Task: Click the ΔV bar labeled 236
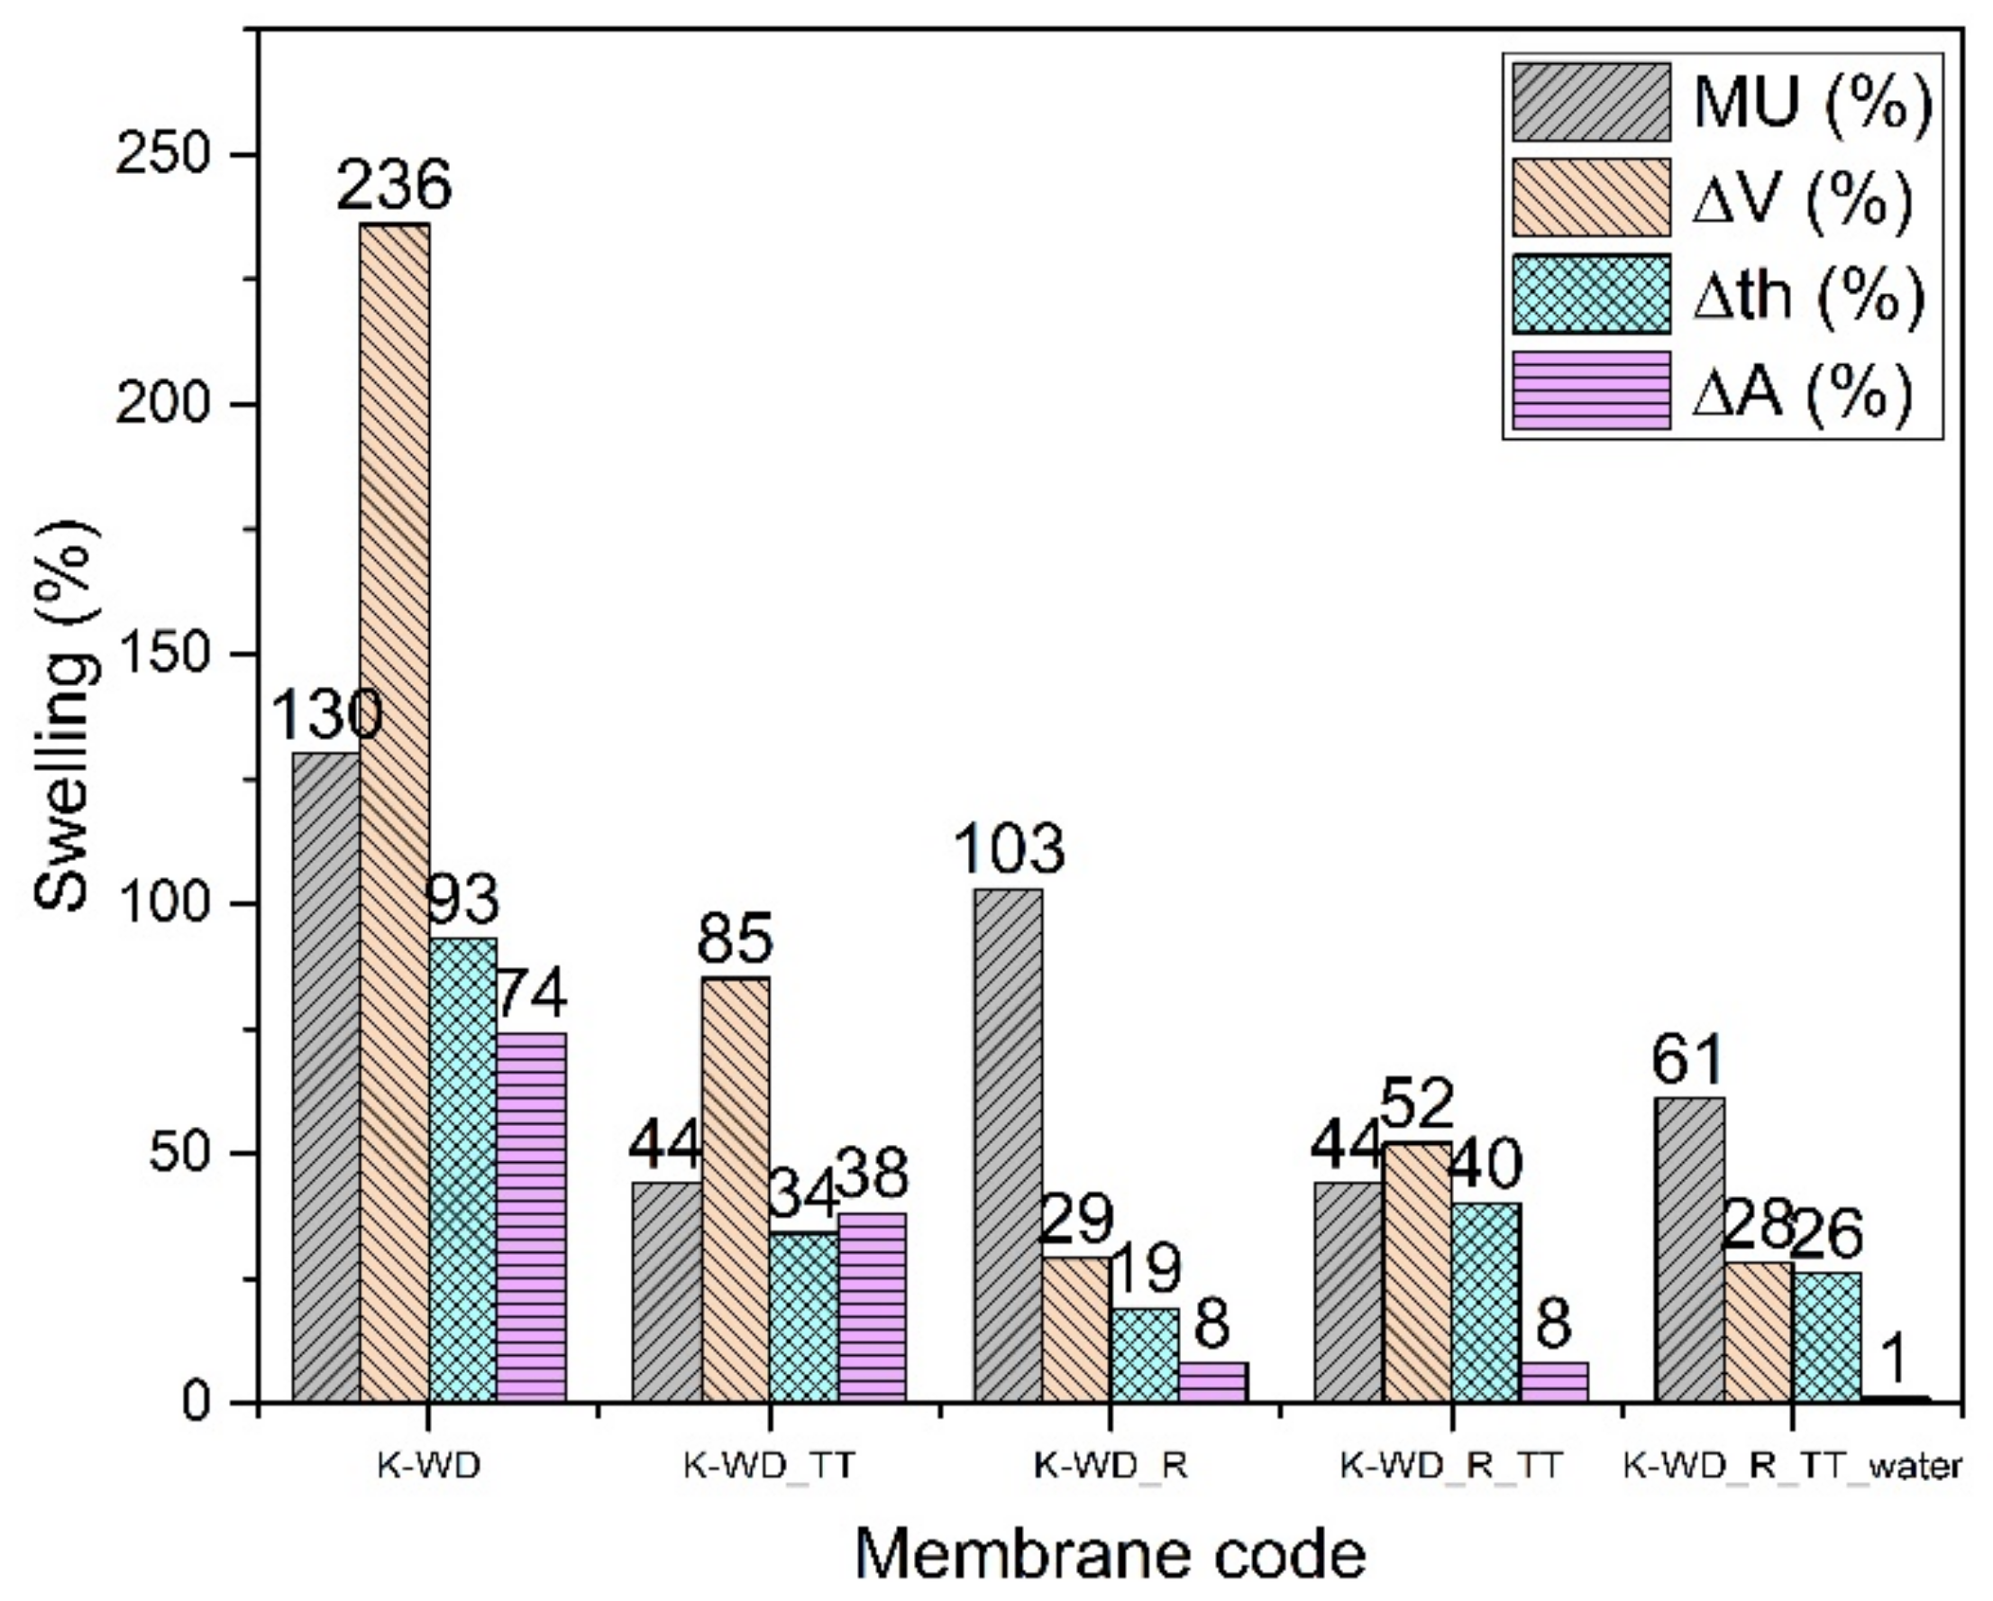394,813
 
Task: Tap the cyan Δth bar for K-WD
463,1170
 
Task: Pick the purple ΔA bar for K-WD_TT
872,1308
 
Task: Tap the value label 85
734,938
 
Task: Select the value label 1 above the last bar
1895,1359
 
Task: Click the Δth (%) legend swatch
1591,294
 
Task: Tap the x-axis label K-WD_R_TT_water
1791,1467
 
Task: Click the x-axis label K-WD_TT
769,1467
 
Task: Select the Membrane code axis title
1110,1553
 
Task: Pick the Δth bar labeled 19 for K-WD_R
1145,1355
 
